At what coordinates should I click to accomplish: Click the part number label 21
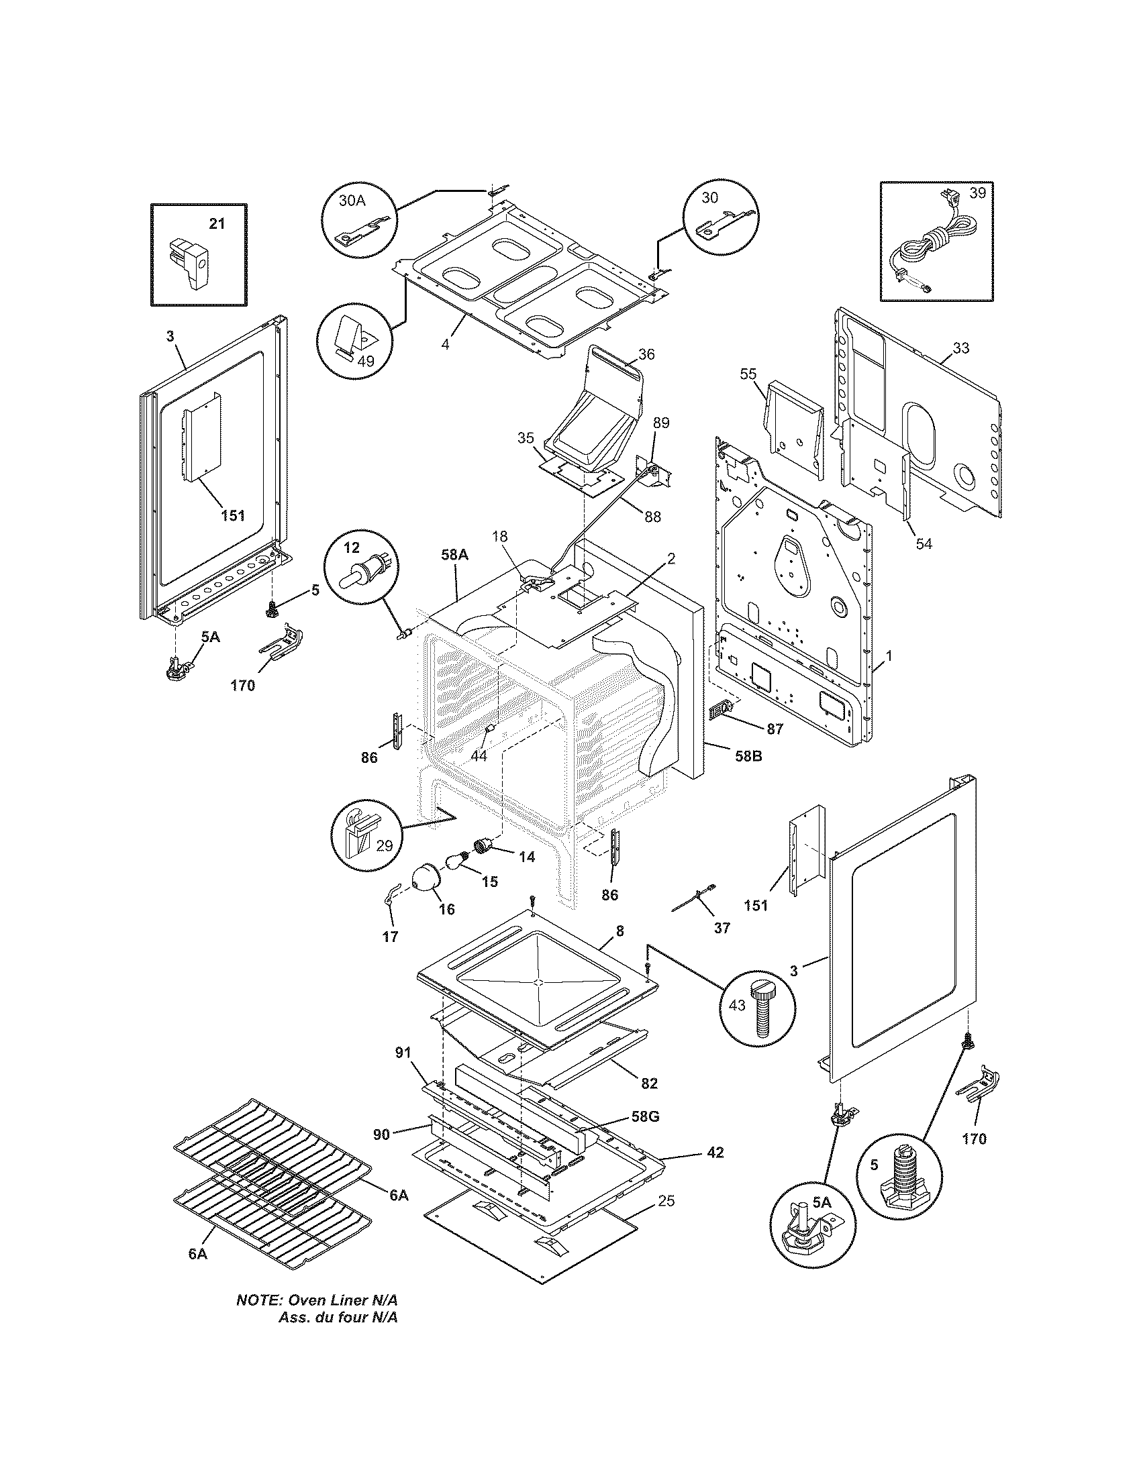(x=216, y=224)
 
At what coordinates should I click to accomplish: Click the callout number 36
(x=646, y=354)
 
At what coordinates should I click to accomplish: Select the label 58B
(x=748, y=756)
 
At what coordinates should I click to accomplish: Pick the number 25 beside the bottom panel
(x=666, y=1201)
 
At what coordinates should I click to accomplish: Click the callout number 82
(x=649, y=1084)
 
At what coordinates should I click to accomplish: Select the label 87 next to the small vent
(x=775, y=729)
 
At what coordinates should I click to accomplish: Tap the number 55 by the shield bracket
(x=748, y=374)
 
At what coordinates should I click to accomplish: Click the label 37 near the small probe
(x=722, y=928)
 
